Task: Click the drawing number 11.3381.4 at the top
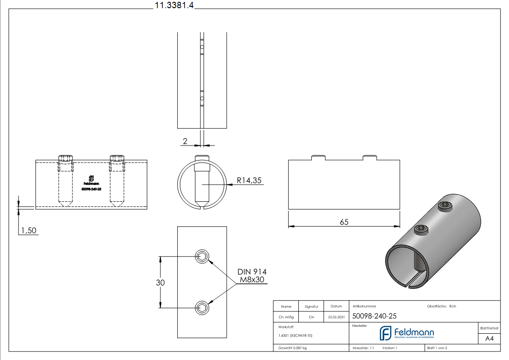[x=174, y=5]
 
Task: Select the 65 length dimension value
[x=344, y=222]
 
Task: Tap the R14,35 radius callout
[x=249, y=180]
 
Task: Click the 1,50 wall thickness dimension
[x=29, y=231]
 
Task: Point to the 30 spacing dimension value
[x=160, y=282]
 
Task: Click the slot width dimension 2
[x=185, y=141]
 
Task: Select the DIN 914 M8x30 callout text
[x=252, y=276]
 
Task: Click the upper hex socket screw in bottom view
[x=202, y=257]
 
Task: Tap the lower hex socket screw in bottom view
[x=202, y=308]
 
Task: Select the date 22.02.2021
[x=336, y=317]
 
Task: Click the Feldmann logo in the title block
[x=407, y=333]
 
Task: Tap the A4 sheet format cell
[x=489, y=339]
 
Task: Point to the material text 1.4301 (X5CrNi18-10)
[x=295, y=336]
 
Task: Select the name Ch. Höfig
[x=286, y=317]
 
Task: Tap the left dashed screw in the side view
[x=66, y=181]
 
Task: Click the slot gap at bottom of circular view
[x=202, y=209]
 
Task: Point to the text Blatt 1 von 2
[x=437, y=348]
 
